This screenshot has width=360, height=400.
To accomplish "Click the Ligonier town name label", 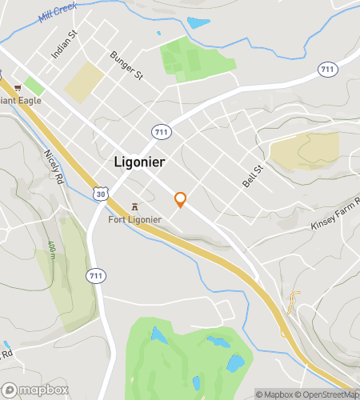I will [139, 162].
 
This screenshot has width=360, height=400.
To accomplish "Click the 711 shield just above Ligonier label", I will [160, 130].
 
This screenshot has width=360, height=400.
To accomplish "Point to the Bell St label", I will [253, 177].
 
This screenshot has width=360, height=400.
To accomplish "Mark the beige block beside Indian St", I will [85, 82].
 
